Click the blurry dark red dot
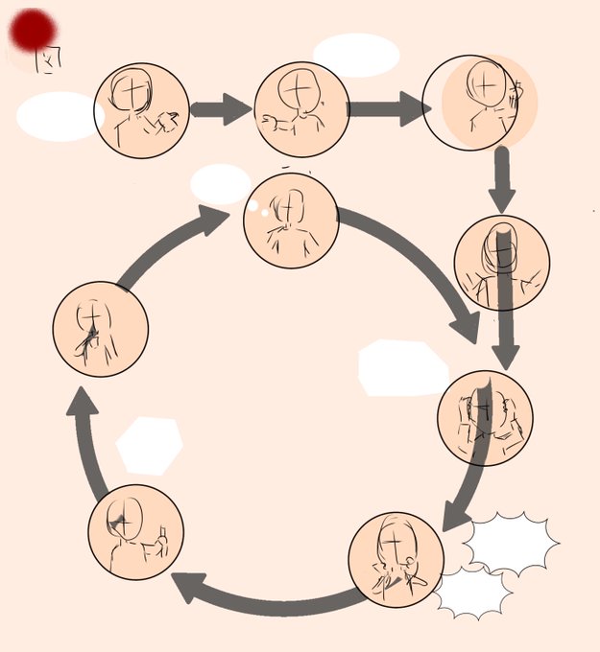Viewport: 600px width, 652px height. click(33, 31)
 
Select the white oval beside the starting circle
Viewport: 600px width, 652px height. click(60, 116)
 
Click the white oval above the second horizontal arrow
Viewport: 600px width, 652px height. click(356, 55)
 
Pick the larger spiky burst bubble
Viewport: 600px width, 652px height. click(511, 544)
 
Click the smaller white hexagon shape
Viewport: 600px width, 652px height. click(150, 446)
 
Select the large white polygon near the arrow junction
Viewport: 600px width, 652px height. click(401, 367)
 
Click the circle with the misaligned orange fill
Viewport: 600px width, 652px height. click(480, 103)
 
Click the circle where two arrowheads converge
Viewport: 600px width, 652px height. click(484, 417)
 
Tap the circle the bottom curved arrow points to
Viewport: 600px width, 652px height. click(134, 532)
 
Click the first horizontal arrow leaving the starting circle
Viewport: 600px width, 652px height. click(220, 108)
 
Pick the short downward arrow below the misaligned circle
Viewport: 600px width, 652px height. click(501, 179)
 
